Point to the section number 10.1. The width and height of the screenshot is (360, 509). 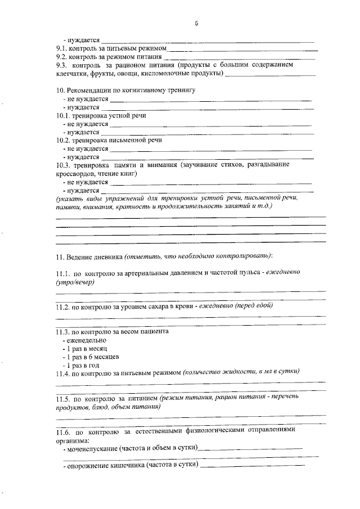63,115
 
